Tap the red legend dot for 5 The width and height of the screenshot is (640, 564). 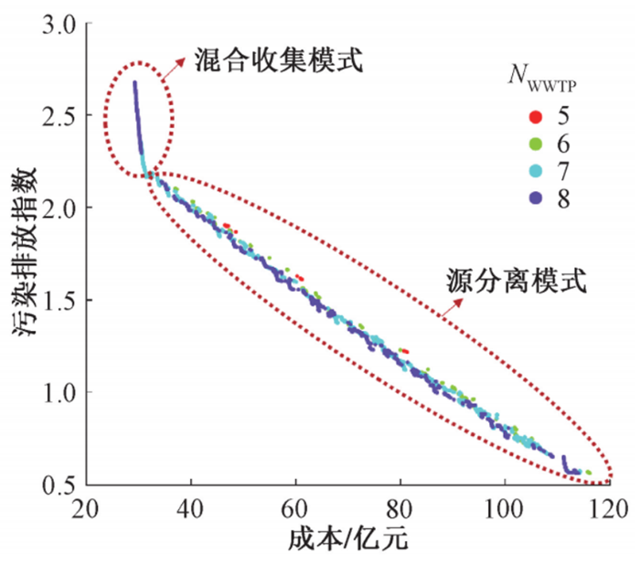[x=536, y=116]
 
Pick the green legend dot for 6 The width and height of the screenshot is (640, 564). [x=536, y=144]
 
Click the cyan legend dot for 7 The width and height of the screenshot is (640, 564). [x=536, y=171]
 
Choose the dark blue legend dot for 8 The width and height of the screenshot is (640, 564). [x=536, y=197]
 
